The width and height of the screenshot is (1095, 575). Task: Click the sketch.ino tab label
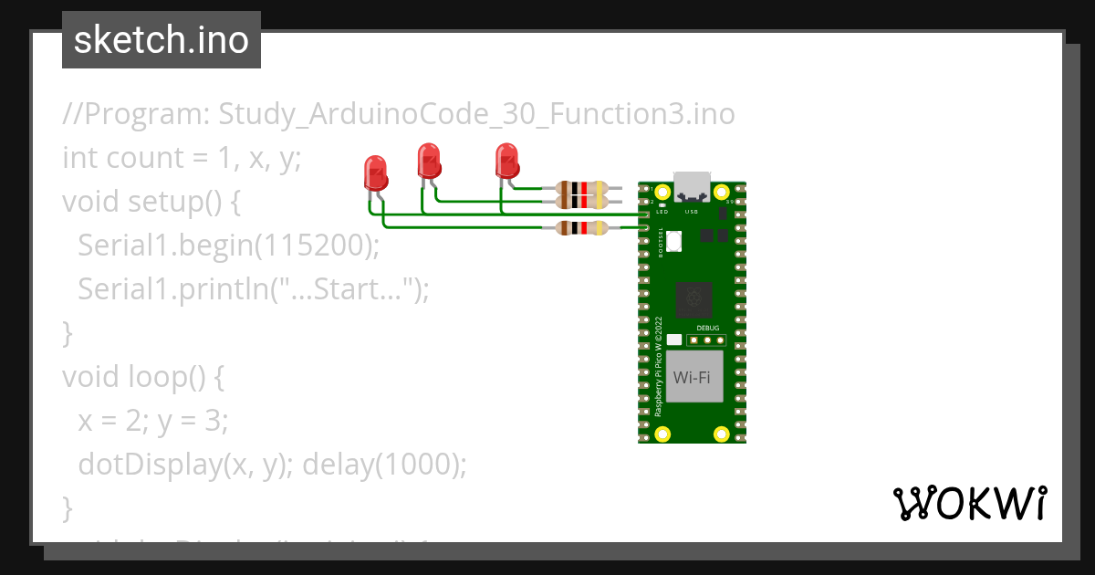[x=161, y=40]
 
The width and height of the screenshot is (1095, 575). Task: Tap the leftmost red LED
[x=374, y=172]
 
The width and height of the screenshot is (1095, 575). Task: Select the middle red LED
[x=428, y=161]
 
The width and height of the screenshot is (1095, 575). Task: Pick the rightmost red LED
[x=506, y=161]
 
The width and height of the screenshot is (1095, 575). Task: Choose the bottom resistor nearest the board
[x=581, y=227]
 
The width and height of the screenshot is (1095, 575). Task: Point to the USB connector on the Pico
[x=692, y=186]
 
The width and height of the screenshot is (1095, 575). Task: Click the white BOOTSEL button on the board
[x=674, y=241]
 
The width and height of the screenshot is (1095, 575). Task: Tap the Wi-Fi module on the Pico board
[x=693, y=377]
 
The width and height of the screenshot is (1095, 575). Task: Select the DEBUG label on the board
[x=707, y=328]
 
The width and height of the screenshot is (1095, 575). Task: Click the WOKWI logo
[x=968, y=503]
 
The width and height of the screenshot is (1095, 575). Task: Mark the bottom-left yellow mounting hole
[x=664, y=433]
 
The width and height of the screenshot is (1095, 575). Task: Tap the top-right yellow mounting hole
[x=721, y=193]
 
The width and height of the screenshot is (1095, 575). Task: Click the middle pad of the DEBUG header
[x=707, y=340]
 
